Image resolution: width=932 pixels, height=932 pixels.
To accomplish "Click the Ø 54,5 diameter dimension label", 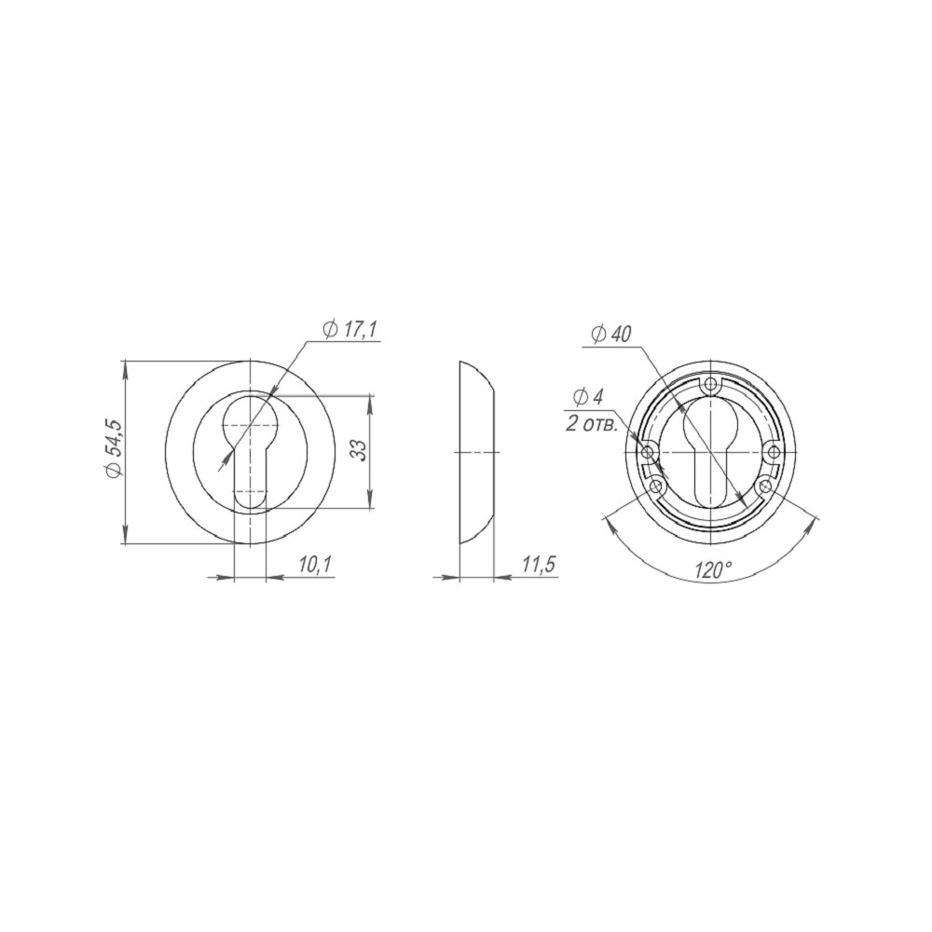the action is click(x=114, y=447).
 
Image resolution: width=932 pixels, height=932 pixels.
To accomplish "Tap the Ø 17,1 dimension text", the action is click(x=350, y=329).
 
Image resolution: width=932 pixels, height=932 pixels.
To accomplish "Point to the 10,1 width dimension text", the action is click(x=314, y=565).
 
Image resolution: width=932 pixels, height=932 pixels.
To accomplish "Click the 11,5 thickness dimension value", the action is click(x=538, y=565).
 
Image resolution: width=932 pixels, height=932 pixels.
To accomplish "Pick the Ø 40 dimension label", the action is click(x=611, y=336).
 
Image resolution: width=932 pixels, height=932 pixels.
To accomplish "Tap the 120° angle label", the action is click(x=712, y=570).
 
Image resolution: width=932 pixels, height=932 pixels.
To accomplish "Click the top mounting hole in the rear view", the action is click(x=711, y=386).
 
